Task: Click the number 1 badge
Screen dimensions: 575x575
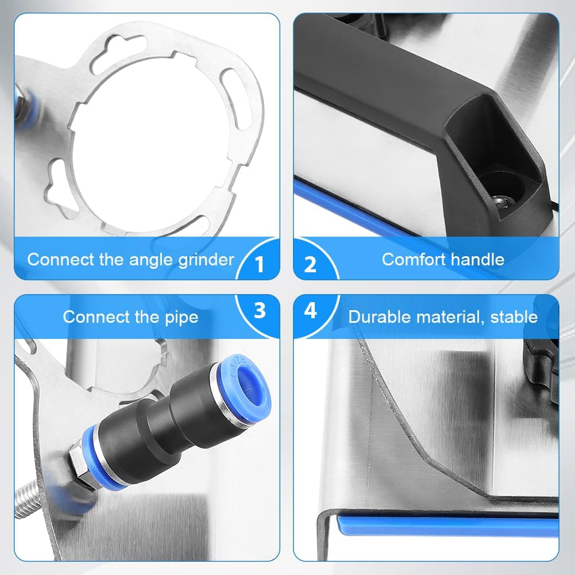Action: click(260, 263)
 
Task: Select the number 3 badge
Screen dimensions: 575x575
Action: click(260, 310)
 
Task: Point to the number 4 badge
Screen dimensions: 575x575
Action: click(310, 310)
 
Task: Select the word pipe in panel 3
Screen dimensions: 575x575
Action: click(182, 318)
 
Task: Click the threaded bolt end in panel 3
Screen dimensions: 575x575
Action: click(26, 499)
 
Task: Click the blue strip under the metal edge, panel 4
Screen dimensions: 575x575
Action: click(447, 526)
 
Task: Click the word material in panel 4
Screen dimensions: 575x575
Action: click(449, 317)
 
